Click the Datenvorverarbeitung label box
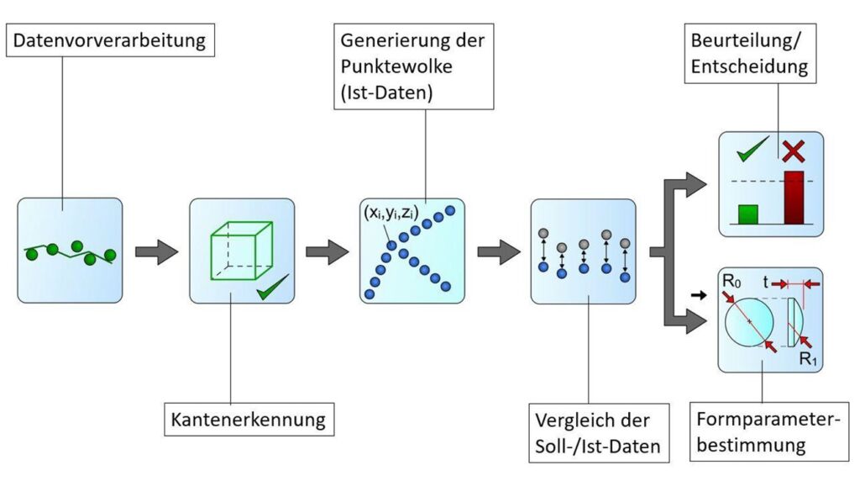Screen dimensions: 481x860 click(x=110, y=40)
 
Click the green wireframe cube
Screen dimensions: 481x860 click(x=239, y=249)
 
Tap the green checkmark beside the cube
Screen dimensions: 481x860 click(x=274, y=290)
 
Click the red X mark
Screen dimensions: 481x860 click(x=792, y=152)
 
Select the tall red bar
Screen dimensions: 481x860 click(x=794, y=198)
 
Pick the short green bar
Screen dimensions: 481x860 click(x=747, y=214)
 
